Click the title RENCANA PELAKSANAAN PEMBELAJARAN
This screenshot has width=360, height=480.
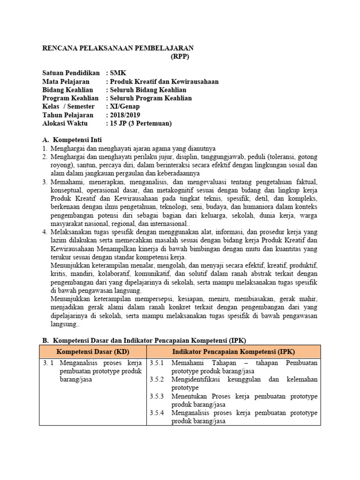pyautogui.click(x=118, y=48)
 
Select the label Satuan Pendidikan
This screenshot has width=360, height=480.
pyautogui.click(x=71, y=73)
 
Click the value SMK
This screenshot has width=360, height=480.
pyautogui.click(x=118, y=73)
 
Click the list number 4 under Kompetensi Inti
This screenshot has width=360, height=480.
pyautogui.click(x=45, y=232)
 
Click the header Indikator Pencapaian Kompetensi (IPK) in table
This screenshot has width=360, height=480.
pyautogui.click(x=233, y=352)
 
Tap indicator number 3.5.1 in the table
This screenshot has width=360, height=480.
pyautogui.click(x=157, y=363)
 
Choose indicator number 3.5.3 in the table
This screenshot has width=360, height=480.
pyautogui.click(x=157, y=396)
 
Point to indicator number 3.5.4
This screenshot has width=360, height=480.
pyautogui.click(x=157, y=413)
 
